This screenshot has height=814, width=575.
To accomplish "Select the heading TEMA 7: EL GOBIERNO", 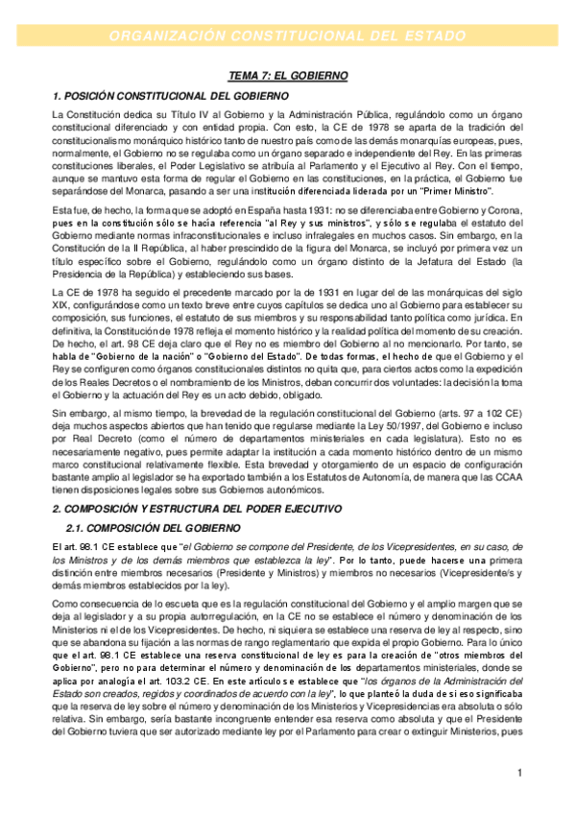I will point(287,75).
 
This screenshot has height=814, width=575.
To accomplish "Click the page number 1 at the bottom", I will point(518,773).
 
